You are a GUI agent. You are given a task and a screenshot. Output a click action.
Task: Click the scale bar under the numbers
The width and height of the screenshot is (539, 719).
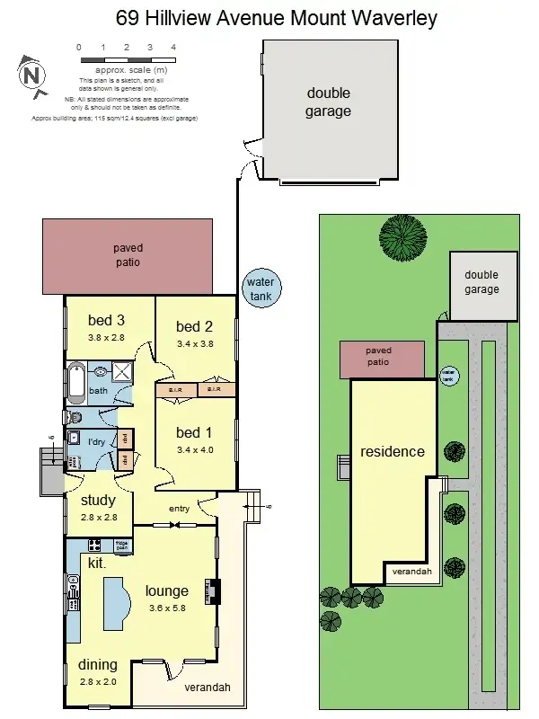(126, 59)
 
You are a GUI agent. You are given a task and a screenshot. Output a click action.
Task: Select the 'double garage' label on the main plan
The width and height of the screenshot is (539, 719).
(328, 102)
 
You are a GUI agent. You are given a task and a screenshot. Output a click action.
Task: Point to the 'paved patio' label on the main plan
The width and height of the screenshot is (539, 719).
(127, 255)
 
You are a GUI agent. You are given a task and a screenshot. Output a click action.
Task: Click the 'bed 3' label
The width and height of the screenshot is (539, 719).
(106, 321)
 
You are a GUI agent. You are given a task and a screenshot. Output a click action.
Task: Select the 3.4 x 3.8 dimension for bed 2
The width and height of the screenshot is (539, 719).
(194, 343)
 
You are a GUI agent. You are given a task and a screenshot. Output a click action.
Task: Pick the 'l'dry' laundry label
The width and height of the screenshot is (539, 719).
(96, 442)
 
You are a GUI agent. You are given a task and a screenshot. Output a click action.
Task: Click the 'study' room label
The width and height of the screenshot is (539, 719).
(99, 501)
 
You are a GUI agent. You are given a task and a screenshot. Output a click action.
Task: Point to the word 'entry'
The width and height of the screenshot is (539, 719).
(179, 510)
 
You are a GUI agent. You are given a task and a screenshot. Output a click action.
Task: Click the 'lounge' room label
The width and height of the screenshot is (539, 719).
(167, 591)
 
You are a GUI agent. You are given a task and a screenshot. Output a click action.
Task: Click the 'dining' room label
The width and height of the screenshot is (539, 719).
(97, 665)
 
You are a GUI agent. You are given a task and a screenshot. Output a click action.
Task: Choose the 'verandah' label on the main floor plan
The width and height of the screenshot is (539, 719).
(208, 688)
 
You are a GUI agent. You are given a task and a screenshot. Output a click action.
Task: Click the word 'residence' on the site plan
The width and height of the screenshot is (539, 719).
(392, 451)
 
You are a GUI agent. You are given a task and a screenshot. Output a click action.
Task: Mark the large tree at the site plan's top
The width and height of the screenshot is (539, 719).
(402, 236)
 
